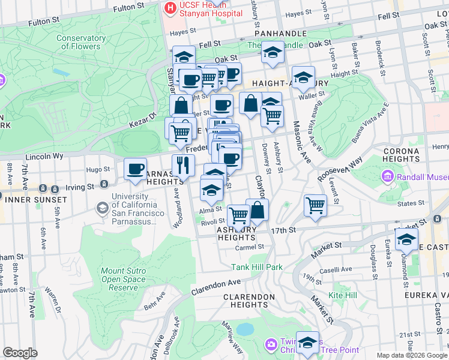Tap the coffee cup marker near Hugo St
coord(136,169)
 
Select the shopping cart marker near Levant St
coord(315,206)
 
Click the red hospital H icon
coord(170,8)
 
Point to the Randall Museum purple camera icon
coord(387,177)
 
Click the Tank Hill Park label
coord(257,266)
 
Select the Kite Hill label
coord(343,295)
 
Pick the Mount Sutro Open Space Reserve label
coord(123,279)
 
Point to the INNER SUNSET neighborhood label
coord(33,199)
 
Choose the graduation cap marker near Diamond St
coord(406,238)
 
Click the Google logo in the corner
coord(20,353)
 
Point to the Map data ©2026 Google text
coord(411,355)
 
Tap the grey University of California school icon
coord(102,207)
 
